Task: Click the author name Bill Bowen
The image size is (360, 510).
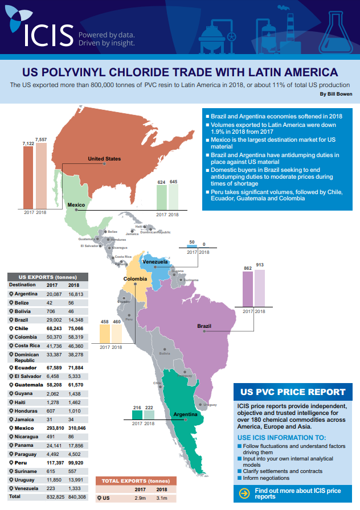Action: pos(337,94)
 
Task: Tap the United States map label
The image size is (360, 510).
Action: pos(104,159)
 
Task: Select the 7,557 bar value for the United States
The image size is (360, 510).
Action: pos(41,139)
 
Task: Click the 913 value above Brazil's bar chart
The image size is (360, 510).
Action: pos(259,265)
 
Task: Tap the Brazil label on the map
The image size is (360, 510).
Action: pos(204,326)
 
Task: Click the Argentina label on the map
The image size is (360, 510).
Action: pos(185,414)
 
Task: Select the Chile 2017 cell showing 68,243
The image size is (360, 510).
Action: pos(54,328)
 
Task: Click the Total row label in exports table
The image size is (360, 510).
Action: pos(15,496)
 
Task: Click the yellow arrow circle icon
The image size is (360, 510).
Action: pos(244,493)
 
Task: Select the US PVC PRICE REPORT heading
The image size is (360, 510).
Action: pos(293,392)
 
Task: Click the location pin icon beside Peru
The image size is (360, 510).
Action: pos(11,464)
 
